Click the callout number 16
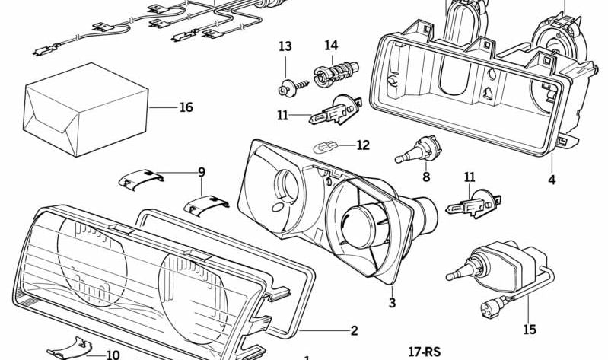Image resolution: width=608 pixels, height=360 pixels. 186,107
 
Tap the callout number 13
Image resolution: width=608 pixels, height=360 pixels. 285,47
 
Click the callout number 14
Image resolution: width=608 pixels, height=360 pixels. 331,46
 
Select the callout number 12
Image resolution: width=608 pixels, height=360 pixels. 362,145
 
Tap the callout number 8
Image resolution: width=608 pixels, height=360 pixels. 426,177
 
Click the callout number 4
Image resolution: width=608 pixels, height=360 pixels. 552,180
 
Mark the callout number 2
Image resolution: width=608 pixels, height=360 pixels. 354,330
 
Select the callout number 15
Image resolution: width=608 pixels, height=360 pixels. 530,330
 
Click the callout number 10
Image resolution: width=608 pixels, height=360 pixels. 113,355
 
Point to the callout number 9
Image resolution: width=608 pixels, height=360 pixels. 202,172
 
